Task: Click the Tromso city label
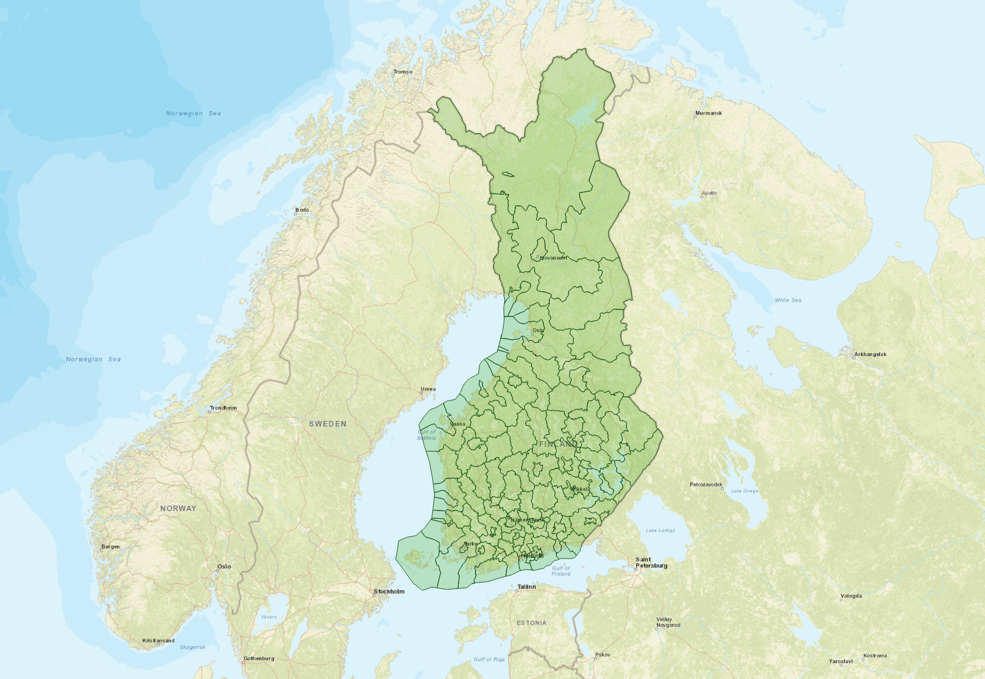click(402, 72)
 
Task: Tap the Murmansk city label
click(708, 113)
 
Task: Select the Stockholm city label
click(389, 591)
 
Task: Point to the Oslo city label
click(224, 566)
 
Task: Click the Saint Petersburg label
click(651, 563)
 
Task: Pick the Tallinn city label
click(526, 587)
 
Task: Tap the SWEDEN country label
click(328, 424)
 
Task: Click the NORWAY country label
click(178, 509)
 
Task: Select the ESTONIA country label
click(532, 623)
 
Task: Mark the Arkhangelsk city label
click(870, 354)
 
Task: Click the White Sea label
click(788, 301)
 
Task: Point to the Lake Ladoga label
click(660, 530)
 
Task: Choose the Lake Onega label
click(744, 491)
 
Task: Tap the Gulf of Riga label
click(489, 659)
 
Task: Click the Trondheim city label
click(223, 408)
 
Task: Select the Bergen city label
click(111, 547)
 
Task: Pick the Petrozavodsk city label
click(705, 484)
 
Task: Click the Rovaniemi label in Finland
click(553, 258)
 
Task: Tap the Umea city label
click(428, 389)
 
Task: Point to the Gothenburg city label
click(259, 659)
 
